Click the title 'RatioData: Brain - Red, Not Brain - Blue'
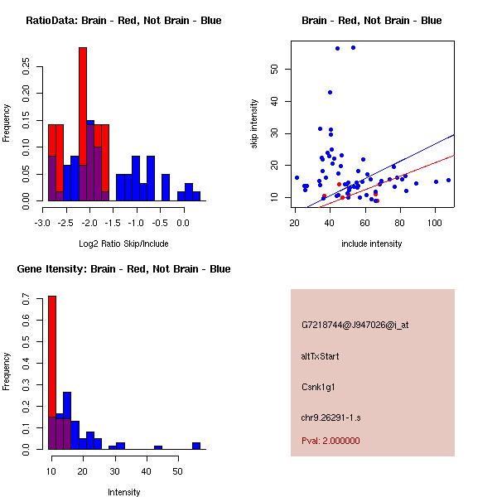123,21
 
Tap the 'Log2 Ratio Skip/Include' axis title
123,243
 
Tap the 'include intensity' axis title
372,244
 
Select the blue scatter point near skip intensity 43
330,92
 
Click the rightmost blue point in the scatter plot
448,180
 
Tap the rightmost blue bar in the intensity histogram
196,446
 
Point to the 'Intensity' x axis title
124,492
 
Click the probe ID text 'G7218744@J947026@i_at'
355,325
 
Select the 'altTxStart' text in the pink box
321,356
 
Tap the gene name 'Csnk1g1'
318,386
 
